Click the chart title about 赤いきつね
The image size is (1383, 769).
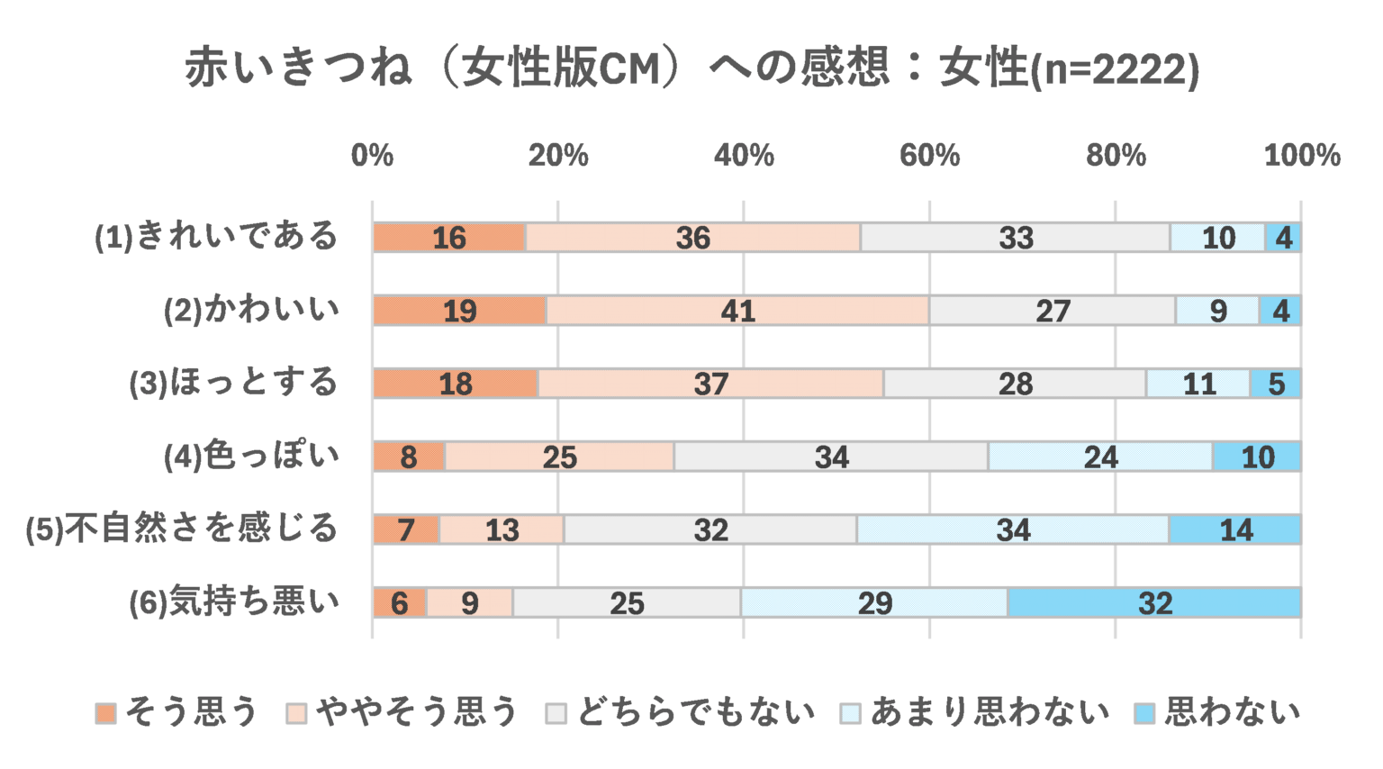point(691,68)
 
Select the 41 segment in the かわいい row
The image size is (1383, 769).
point(737,311)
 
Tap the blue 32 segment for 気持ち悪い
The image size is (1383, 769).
point(1154,602)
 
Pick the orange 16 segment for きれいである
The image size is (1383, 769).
point(449,238)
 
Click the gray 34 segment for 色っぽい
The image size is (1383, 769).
point(831,457)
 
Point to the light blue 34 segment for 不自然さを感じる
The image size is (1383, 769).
point(1013,529)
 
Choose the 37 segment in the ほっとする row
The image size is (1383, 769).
point(710,384)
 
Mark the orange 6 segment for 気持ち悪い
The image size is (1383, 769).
point(400,602)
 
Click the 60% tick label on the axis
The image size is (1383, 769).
point(929,156)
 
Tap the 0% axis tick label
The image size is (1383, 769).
point(372,156)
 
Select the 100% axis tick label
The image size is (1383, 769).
point(1301,156)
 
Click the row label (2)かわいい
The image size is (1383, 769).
point(251,310)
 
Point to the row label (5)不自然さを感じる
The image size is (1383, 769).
point(182,529)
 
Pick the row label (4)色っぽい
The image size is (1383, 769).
point(251,456)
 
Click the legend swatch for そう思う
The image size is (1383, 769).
point(106,713)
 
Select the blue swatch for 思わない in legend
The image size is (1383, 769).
point(1144,713)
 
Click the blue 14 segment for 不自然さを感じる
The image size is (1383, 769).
point(1235,529)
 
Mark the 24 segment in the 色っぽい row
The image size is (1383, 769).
point(1100,457)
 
